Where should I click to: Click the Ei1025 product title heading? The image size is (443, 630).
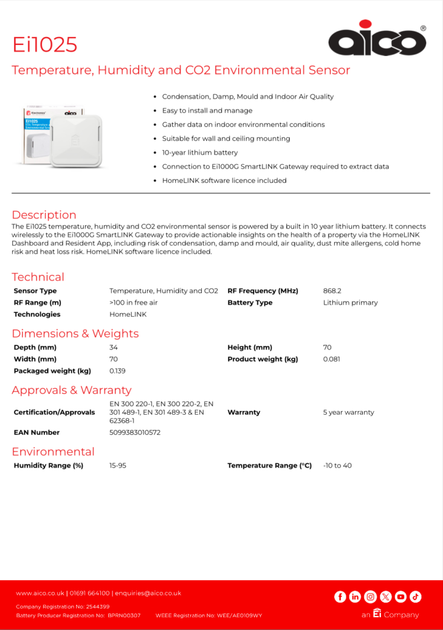point(45,44)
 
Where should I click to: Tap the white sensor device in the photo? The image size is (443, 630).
point(76,140)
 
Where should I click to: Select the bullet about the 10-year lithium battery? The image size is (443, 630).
point(199,153)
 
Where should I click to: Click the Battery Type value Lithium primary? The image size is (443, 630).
point(350,303)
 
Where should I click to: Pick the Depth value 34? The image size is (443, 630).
point(114,348)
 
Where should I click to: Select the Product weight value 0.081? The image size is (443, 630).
point(332,359)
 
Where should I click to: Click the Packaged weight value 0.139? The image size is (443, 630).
point(117,371)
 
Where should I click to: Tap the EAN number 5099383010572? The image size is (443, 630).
point(135,433)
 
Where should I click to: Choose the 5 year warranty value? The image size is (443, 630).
point(348,412)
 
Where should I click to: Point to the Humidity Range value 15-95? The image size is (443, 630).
point(118,466)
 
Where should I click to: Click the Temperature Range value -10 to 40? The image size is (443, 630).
point(337,466)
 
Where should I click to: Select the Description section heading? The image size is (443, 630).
point(44,215)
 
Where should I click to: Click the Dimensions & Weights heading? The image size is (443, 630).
point(75,333)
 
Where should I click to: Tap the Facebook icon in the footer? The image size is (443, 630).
point(340,596)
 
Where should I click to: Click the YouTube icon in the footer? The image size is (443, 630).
point(401,596)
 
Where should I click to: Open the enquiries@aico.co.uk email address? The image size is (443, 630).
point(148,593)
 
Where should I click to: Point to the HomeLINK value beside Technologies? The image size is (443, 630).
point(128,314)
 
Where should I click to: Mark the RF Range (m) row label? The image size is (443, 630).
point(38,303)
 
